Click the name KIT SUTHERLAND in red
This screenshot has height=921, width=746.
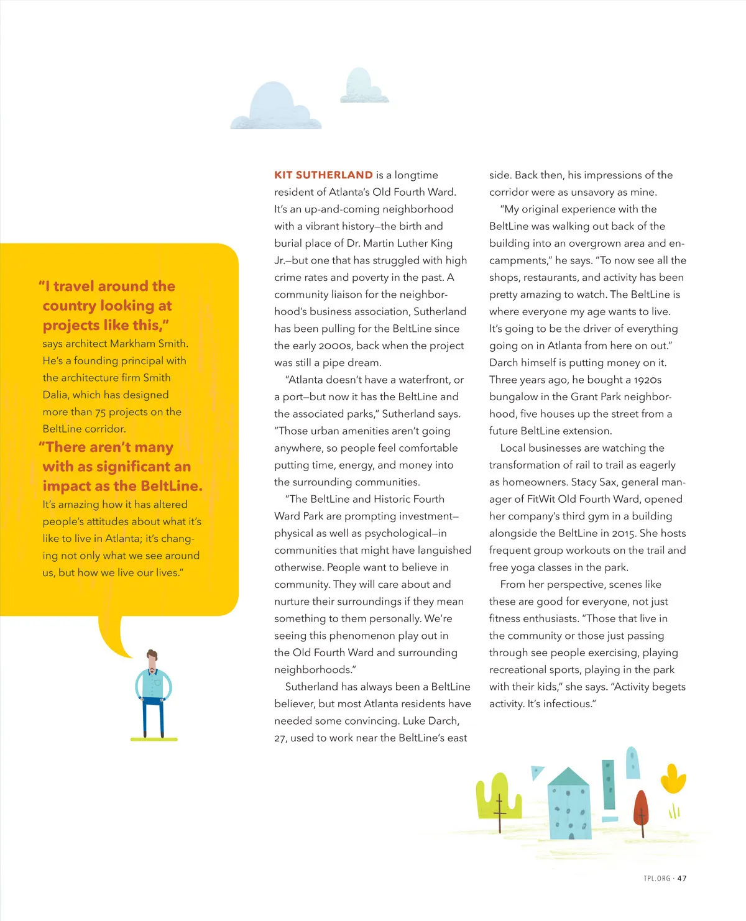pyautogui.click(x=323, y=175)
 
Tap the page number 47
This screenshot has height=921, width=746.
pyautogui.click(x=682, y=878)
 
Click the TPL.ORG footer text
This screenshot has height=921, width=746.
pyautogui.click(x=656, y=878)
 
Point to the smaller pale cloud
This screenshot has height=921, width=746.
pyautogui.click(x=363, y=87)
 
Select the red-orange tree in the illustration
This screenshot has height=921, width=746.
pyautogui.click(x=641, y=808)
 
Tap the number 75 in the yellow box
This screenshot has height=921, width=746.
pyautogui.click(x=101, y=412)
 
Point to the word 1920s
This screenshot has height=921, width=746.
pyautogui.click(x=647, y=380)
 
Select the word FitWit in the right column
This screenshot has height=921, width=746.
pyautogui.click(x=542, y=499)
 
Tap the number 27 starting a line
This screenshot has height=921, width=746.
pyautogui.click(x=280, y=738)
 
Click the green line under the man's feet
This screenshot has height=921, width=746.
pyautogui.click(x=154, y=740)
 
